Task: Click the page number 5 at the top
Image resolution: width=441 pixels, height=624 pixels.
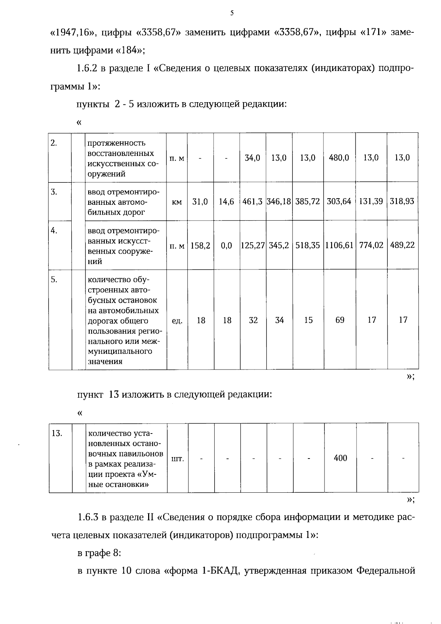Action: (x=232, y=14)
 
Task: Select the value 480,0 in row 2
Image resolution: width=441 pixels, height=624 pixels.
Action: (x=339, y=158)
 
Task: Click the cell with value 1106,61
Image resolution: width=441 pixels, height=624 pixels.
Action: (x=339, y=245)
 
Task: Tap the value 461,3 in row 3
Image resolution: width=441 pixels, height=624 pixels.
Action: (x=252, y=202)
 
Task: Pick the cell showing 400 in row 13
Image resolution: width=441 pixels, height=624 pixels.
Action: (x=340, y=458)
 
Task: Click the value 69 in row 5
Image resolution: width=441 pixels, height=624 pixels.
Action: (x=340, y=320)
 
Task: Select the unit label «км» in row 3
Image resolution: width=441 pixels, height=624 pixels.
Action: (x=177, y=202)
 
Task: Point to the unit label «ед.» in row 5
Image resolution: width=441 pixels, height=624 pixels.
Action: (x=177, y=321)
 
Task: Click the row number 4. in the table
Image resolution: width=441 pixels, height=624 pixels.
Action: (x=54, y=231)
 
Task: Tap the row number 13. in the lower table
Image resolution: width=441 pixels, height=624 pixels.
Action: (x=57, y=433)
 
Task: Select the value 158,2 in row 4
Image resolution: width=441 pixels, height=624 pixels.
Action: (x=200, y=246)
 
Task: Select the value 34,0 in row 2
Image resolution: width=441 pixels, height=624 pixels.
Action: (x=252, y=158)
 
